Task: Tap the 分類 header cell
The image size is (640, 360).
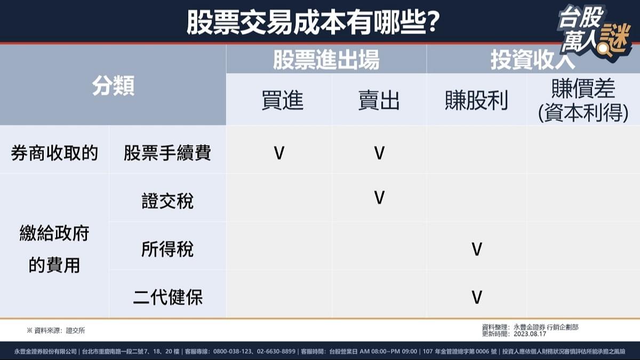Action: [113, 86]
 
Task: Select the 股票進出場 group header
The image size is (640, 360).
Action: [326, 60]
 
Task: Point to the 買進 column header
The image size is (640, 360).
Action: [282, 100]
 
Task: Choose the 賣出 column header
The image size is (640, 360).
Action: [379, 100]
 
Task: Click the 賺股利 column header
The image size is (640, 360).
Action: [476, 100]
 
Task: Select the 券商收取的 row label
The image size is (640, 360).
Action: [54, 154]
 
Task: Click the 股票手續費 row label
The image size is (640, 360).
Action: [167, 154]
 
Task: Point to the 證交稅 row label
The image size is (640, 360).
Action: [167, 201]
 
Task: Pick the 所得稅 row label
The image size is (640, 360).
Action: [167, 249]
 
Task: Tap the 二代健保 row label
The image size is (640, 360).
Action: [167, 297]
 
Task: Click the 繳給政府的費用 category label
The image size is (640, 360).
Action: [54, 249]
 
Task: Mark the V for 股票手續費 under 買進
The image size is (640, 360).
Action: [279, 154]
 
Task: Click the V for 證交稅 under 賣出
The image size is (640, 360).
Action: [379, 198]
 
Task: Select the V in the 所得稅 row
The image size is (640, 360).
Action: [477, 249]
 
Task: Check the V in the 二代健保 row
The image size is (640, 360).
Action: [477, 297]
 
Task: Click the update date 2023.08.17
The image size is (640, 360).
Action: [530, 334]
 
